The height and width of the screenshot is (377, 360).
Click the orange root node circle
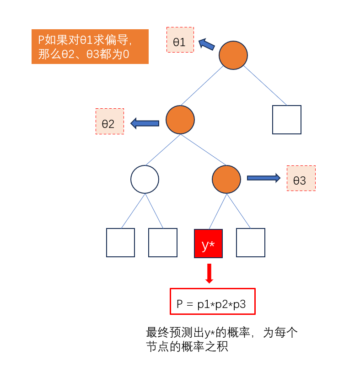[233, 55]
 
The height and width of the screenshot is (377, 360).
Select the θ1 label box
[180, 40]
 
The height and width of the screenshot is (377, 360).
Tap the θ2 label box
[110, 121]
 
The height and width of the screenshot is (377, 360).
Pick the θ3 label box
[301, 178]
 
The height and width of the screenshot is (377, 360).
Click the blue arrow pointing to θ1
[207, 44]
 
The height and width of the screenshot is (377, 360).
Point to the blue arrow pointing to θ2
[145, 123]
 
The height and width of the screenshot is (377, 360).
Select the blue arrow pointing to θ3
[263, 178]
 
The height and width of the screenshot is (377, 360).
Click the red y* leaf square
[209, 244]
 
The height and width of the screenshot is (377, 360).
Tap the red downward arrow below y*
[209, 273]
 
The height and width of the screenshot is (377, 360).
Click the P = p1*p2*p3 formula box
[212, 301]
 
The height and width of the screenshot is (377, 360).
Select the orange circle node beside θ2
[180, 120]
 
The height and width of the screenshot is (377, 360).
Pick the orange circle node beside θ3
[226, 179]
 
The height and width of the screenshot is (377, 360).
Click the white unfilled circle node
[145, 179]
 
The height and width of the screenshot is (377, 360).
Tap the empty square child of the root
[287, 120]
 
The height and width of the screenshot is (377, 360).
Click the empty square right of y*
[251, 243]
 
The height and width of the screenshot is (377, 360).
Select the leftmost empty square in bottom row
[120, 243]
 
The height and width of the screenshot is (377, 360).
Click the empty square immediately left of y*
[163, 243]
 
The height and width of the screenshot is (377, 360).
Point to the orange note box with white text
[90, 47]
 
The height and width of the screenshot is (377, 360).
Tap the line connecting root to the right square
[265, 85]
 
